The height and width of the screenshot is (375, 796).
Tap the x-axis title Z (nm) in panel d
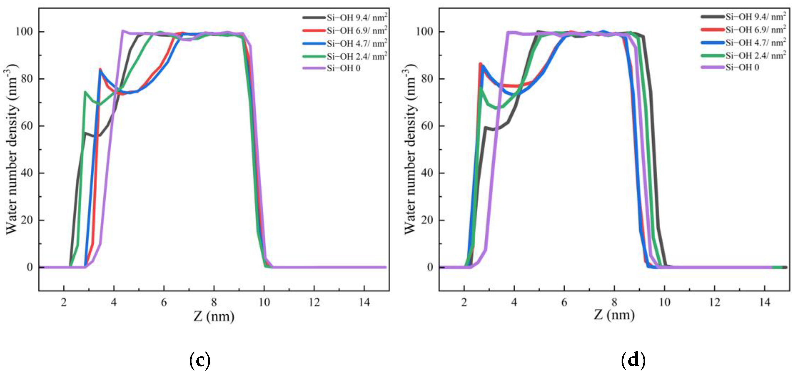click(x=614, y=315)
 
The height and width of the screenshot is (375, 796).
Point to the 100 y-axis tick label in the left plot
click(x=24, y=32)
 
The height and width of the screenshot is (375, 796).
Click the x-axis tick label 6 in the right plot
click(x=564, y=302)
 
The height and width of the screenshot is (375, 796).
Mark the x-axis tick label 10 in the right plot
click(x=664, y=302)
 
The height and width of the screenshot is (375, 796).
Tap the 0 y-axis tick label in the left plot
click(x=30, y=267)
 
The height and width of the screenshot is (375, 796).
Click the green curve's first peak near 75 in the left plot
click(x=85, y=92)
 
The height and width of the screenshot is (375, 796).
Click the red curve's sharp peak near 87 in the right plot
click(x=480, y=64)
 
